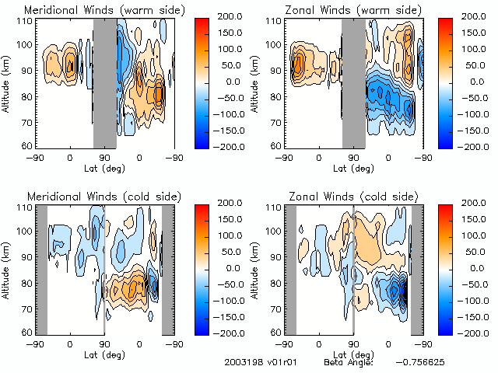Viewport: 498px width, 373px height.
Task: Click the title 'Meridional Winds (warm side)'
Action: click(x=104, y=10)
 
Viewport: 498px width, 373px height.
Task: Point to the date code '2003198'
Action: click(x=242, y=363)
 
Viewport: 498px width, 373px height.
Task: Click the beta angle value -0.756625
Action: click(x=420, y=363)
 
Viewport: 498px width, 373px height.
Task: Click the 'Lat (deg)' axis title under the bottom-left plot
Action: click(x=104, y=354)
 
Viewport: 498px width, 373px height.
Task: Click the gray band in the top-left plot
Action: click(x=104, y=82)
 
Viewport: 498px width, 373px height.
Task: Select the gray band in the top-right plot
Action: click(x=354, y=82)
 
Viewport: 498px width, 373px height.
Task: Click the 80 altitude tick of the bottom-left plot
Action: click(x=26, y=282)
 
